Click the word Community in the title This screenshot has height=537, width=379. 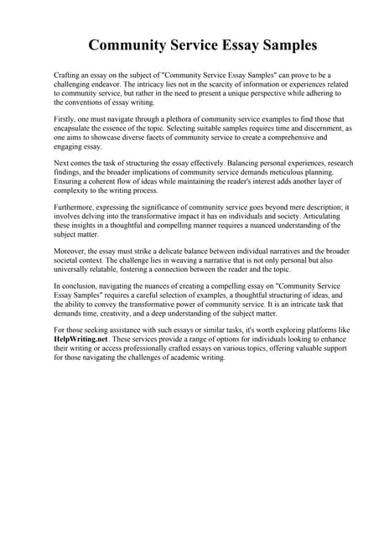click(x=131, y=44)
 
